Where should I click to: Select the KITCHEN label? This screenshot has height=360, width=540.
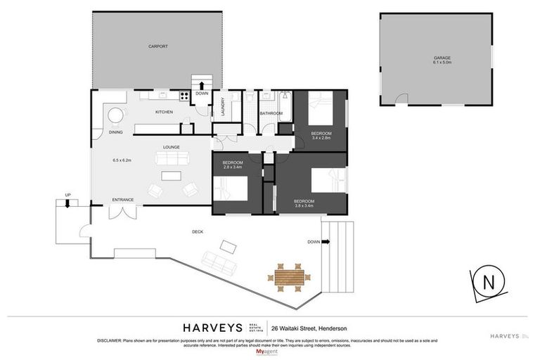coord(164,112)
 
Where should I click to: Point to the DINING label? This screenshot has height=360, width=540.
coord(115,132)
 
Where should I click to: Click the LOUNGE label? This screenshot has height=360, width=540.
coord(172,147)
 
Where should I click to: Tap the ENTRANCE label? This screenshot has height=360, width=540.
coord(122,200)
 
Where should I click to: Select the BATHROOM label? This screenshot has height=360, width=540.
coord(271,113)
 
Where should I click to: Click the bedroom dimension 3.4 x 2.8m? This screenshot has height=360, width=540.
coord(321,138)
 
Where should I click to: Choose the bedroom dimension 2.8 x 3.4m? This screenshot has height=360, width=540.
coord(232,167)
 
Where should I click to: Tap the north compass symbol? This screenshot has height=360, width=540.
coord(487,283)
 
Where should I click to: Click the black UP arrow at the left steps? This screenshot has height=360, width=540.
coord(67,204)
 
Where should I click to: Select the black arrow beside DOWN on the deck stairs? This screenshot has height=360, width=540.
coord(326,241)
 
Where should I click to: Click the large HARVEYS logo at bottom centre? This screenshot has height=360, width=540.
coord(213,328)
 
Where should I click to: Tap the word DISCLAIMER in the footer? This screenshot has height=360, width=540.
coord(109,340)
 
